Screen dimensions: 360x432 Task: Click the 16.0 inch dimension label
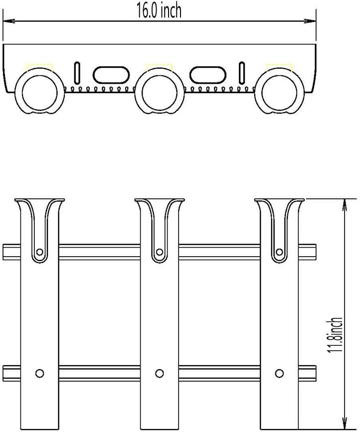tap(160, 10)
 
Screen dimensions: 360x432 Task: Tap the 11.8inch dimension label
tap(335, 335)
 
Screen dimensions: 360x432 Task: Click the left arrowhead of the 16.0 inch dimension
tap(9, 21)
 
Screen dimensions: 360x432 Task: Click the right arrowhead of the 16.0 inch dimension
tap(310, 21)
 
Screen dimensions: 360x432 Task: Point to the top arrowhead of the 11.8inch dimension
tap(344, 205)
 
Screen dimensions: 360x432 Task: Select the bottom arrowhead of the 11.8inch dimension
tap(344, 424)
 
